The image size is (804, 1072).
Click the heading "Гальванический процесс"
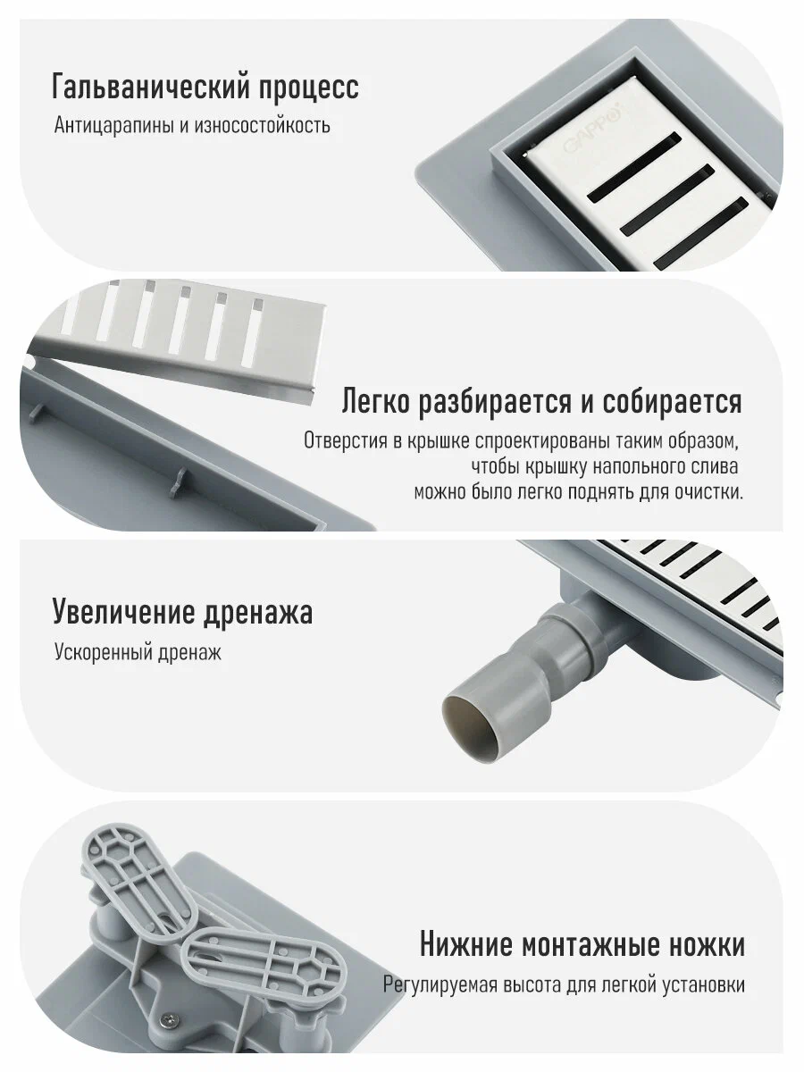(x=205, y=88)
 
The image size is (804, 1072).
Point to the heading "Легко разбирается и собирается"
(x=541, y=402)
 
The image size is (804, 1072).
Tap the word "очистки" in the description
(x=711, y=491)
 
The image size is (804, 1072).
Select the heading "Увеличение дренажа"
(x=182, y=613)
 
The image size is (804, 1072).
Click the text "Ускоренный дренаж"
(x=137, y=653)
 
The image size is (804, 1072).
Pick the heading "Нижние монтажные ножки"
(x=582, y=944)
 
